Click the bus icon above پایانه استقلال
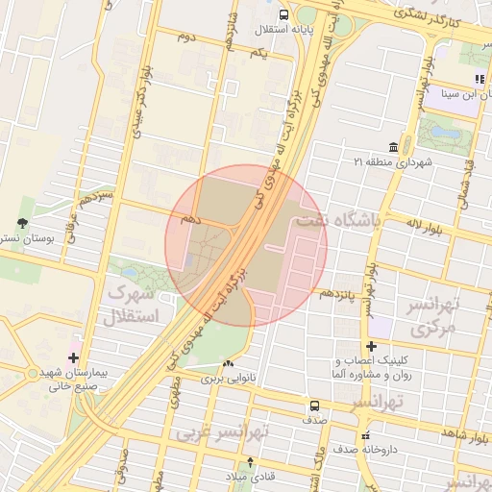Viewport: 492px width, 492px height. point(283,14)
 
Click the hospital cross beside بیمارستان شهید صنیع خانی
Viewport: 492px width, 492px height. point(73,357)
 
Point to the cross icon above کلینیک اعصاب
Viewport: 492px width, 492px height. point(371,346)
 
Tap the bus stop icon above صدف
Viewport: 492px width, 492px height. point(314,406)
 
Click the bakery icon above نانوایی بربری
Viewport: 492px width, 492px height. point(228,365)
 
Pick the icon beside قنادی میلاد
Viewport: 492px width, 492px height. point(251,463)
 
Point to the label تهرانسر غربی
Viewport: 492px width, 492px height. point(221,432)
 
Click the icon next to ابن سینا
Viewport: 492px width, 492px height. point(479,79)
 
